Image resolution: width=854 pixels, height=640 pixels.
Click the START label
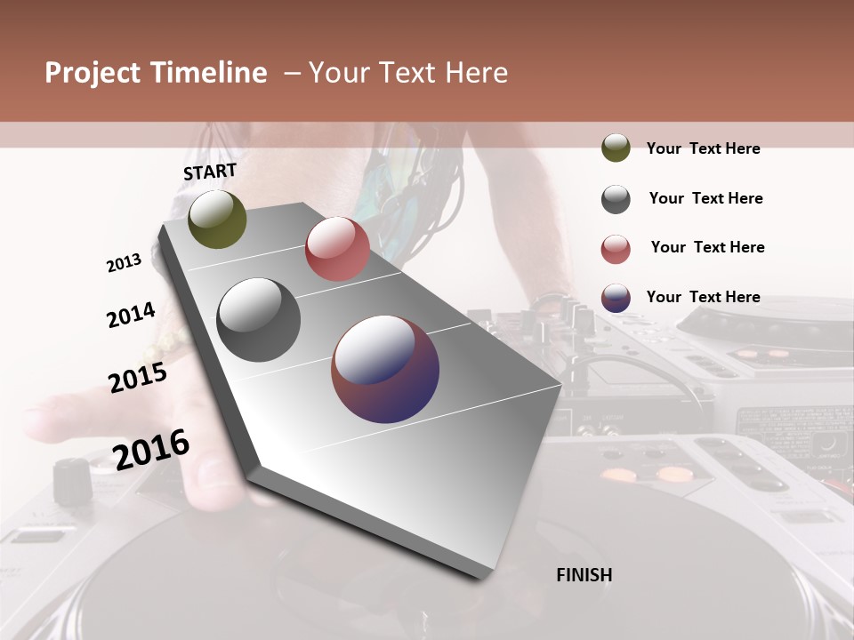point(210,171)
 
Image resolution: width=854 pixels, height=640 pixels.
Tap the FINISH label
point(584,575)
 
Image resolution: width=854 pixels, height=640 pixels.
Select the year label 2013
point(125,263)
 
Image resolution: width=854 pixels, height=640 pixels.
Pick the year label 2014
point(131,315)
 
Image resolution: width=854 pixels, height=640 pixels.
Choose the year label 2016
point(151,448)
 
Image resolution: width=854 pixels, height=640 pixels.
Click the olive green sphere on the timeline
point(217,220)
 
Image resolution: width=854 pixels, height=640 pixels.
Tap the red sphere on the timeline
point(337,249)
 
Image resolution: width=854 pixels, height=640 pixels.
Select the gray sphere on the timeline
point(258,320)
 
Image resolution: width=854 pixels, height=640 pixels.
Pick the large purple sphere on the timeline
point(385,369)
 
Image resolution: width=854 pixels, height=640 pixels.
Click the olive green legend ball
point(616,148)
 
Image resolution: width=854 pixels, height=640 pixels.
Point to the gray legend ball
point(616,199)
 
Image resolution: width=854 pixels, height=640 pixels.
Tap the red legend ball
point(616,249)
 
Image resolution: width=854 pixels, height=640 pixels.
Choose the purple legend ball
point(616,298)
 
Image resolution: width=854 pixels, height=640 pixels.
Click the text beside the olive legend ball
point(703,148)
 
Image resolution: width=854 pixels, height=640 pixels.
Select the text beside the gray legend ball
point(705,198)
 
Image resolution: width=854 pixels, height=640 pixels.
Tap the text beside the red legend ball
point(707,247)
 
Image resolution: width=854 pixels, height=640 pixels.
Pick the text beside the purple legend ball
point(703,297)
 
